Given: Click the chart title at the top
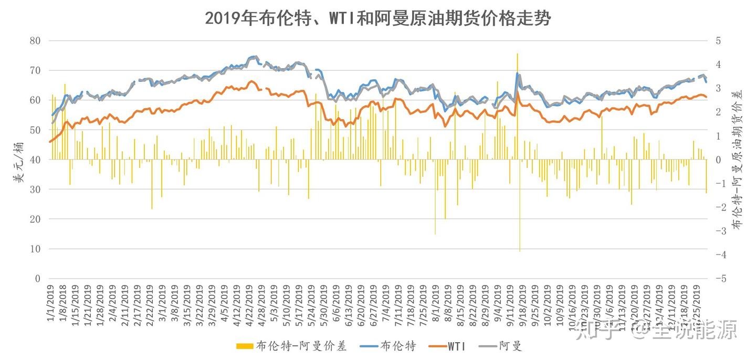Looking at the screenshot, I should pyautogui.click(x=377, y=18).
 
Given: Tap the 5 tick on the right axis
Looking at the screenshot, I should pyautogui.click(x=718, y=40).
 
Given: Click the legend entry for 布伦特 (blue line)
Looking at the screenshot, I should pyautogui.click(x=397, y=346).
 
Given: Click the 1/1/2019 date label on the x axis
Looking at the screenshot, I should pyautogui.click(x=51, y=302).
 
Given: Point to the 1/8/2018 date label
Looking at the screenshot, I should pyautogui.click(x=64, y=302).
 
